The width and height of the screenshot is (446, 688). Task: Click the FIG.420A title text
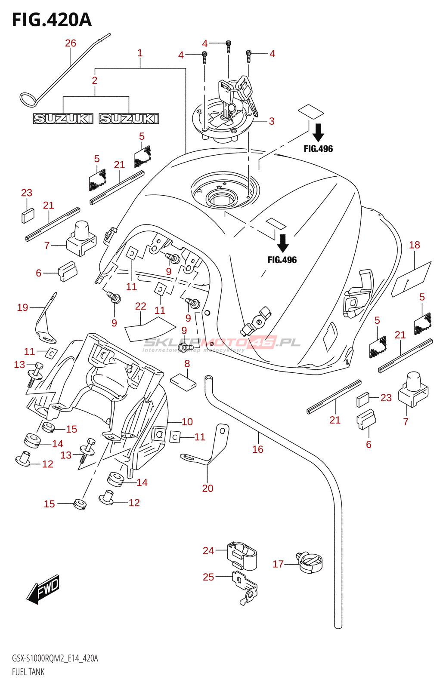pos(52,20)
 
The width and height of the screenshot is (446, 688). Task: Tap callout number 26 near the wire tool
pos(71,43)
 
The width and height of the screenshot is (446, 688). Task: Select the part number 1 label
pos(140,53)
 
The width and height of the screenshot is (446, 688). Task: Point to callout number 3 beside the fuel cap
pos(272,121)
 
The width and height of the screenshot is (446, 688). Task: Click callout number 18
pos(414,245)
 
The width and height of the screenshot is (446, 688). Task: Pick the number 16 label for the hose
pos(257,449)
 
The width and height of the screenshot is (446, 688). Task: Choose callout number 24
pos(208,550)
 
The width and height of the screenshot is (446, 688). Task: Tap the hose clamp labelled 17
pos(310,563)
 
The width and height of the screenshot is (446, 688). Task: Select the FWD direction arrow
pos(43,589)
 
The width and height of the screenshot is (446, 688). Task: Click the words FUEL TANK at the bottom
pos(28,672)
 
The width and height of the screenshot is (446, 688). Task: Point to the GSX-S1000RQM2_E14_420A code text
pos(55,658)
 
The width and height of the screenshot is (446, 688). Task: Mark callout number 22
pos(140,306)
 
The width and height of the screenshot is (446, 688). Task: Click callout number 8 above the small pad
pos(187,364)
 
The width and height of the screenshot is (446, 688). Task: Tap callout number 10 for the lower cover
pos(187,422)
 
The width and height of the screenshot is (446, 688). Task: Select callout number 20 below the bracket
pos(208,488)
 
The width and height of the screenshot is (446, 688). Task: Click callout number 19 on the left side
pos(22,307)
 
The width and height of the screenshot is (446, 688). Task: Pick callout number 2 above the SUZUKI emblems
pos(95,80)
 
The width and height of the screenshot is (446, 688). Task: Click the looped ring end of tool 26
pos(27,99)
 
